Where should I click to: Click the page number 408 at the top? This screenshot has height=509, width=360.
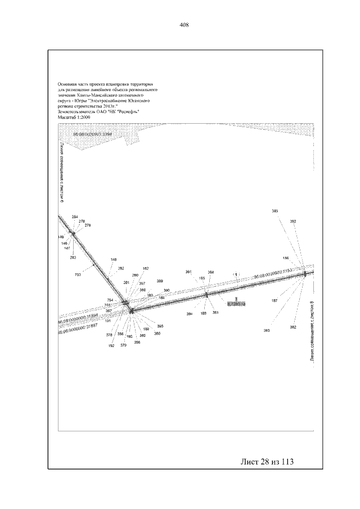point(183,25)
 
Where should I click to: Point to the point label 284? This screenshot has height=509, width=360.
point(75,217)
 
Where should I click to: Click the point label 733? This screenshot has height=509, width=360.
point(78,274)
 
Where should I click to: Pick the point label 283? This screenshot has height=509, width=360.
point(73,257)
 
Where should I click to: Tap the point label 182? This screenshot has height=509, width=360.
point(146,268)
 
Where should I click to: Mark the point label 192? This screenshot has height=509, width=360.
point(111,346)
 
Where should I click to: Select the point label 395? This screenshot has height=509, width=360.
point(160,327)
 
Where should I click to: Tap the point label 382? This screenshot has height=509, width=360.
point(293,327)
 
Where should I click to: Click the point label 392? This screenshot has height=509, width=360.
point(293,222)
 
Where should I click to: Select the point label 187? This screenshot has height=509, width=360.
point(274,301)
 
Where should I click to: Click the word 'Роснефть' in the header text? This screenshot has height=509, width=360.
point(127,111)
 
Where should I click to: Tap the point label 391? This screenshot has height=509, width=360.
point(189,272)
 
